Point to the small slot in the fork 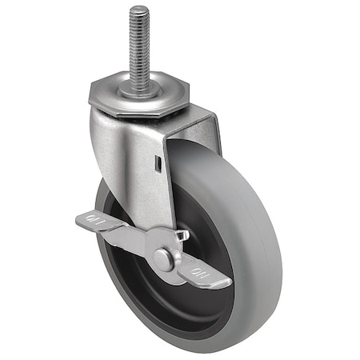pyautogui.click(x=159, y=164)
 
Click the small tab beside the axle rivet pyautogui.click(x=182, y=236)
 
